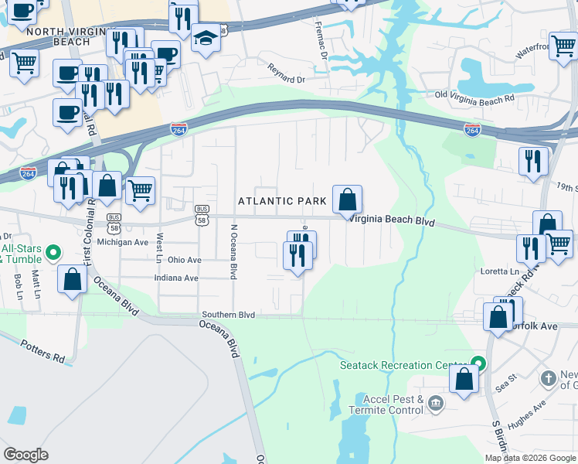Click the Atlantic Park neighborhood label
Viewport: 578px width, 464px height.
283,201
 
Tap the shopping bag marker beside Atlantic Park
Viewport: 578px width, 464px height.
348,200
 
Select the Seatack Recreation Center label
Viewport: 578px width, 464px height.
404,364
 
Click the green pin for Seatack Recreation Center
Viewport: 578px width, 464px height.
478,363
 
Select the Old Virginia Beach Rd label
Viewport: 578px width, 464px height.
474,100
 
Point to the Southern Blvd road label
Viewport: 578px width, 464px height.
228,315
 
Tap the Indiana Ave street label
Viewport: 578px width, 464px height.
176,278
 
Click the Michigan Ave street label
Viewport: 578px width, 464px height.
122,242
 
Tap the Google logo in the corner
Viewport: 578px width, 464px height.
25,455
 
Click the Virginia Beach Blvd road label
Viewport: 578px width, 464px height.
393,220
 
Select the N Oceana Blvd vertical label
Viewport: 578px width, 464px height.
233,251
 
